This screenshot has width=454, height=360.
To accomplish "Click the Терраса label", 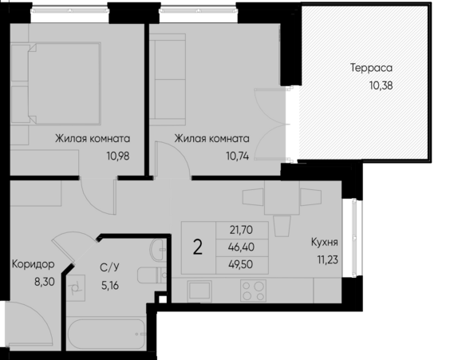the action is click(x=371, y=68).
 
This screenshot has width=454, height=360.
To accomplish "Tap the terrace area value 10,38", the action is click(x=381, y=85).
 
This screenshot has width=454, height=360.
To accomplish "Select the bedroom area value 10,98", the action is click(x=118, y=156).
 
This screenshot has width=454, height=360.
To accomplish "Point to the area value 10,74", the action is click(x=238, y=156).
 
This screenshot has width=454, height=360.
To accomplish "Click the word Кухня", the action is click(x=324, y=242).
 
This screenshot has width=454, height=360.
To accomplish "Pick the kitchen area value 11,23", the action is click(x=327, y=259).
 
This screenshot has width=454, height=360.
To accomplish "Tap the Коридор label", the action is click(x=33, y=264).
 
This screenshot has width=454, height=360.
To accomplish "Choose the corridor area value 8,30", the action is click(x=45, y=282).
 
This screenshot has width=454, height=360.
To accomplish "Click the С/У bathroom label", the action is click(x=109, y=267).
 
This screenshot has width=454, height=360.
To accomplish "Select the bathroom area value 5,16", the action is click(x=110, y=286).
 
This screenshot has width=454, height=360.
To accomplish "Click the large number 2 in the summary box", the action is click(x=198, y=247).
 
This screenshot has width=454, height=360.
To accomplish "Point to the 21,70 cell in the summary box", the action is click(x=241, y=230).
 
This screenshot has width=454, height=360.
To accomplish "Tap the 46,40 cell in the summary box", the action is click(x=241, y=247).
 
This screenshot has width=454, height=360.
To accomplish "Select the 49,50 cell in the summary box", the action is click(x=241, y=264).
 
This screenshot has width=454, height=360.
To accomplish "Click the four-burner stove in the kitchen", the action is click(x=253, y=291).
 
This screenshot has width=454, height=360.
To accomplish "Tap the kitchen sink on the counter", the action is click(x=199, y=291).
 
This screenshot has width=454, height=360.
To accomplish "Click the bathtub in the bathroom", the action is click(x=105, y=334).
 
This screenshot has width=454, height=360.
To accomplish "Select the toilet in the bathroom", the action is click(x=152, y=275).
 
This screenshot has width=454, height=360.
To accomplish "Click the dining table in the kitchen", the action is click(x=282, y=198).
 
